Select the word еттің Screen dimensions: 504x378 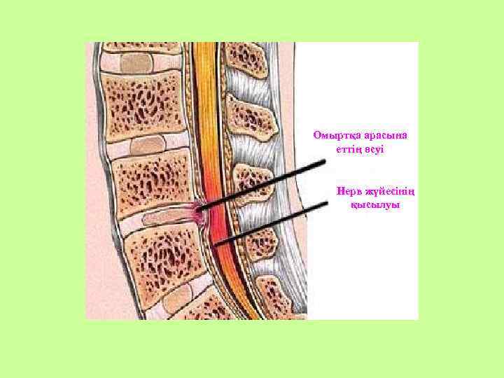click(x=342, y=149)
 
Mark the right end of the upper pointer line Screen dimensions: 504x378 click(x=325, y=161)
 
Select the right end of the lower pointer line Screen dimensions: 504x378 click(x=327, y=203)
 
